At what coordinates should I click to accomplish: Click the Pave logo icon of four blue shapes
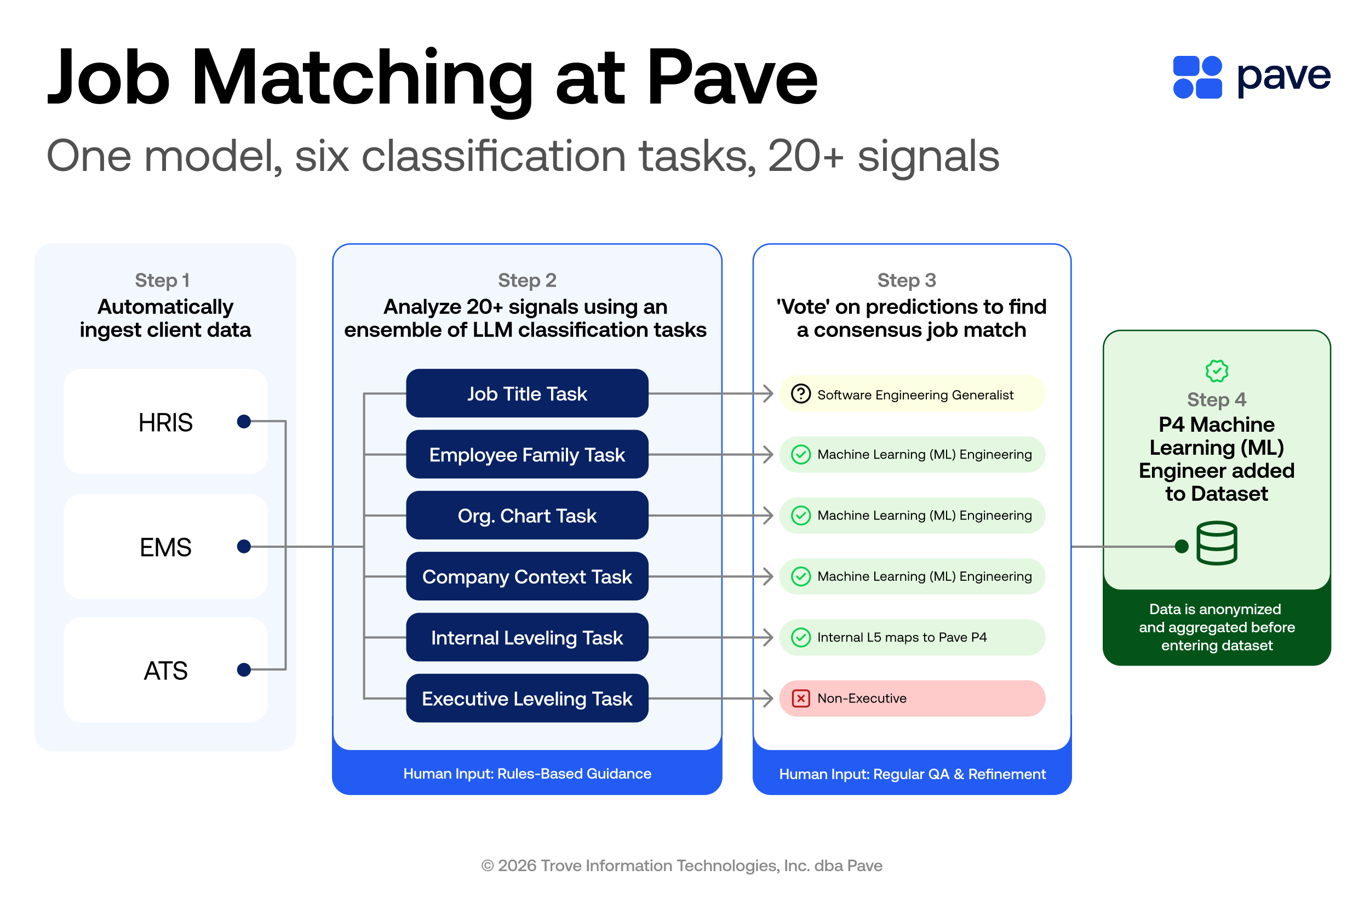point(1197,77)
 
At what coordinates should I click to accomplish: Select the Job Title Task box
point(526,394)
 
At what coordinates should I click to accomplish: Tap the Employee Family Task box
point(526,455)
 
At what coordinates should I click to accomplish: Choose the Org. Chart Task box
point(526,516)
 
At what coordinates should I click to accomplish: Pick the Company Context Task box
point(526,576)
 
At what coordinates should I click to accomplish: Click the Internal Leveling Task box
point(526,638)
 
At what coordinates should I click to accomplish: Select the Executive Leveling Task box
point(526,699)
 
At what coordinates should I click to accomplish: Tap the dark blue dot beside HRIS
point(244,421)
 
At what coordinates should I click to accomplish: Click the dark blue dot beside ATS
point(244,670)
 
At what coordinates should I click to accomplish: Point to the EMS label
point(165,547)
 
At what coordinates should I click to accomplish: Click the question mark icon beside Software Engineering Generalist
point(800,394)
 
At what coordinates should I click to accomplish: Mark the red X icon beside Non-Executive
point(800,699)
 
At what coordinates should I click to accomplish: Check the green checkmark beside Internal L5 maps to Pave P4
point(800,638)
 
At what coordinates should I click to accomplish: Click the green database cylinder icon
point(1217,543)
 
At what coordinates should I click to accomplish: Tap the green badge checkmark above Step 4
point(1217,371)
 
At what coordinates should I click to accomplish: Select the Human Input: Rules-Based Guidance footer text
point(526,774)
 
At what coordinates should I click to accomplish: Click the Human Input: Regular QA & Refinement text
point(912,774)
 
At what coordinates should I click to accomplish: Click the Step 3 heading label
point(907,280)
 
